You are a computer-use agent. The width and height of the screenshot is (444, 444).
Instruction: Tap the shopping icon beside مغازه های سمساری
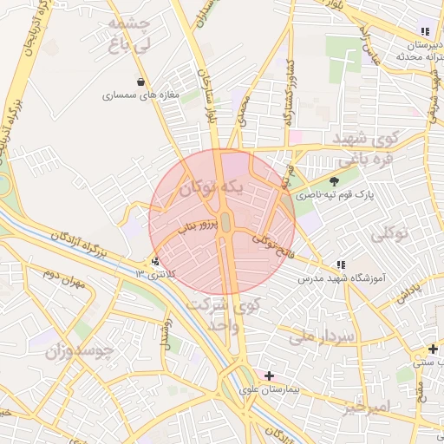point(140,82)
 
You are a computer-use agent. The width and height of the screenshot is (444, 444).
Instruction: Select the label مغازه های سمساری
point(140,95)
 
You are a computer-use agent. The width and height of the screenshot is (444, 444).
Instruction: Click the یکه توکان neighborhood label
point(219,187)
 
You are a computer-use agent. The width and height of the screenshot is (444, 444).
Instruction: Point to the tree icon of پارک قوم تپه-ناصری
point(335,180)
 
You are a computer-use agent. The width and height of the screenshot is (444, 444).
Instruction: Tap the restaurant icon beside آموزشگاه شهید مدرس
point(340,264)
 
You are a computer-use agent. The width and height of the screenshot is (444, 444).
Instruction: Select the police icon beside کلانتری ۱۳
point(155,260)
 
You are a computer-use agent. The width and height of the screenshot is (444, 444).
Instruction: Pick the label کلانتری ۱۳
point(154,274)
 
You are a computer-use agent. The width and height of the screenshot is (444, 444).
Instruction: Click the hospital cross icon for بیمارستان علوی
point(269,375)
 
